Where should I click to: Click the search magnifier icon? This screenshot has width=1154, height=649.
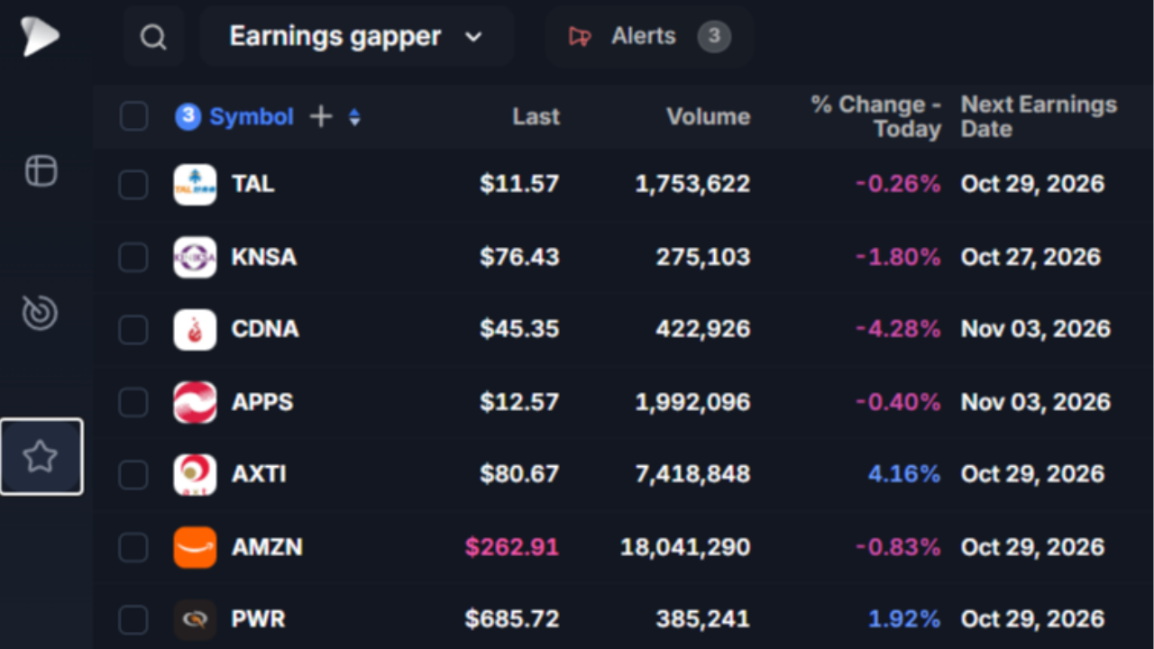(x=153, y=37)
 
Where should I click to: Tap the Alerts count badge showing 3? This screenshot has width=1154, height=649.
(x=713, y=36)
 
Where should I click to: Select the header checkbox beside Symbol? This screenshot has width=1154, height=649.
(x=134, y=116)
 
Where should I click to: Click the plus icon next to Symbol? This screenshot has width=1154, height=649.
(x=320, y=116)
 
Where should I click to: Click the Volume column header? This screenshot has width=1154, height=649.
(x=709, y=117)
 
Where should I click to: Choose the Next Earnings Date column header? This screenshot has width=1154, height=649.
(x=1039, y=116)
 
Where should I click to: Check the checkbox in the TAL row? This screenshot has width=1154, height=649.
(x=134, y=185)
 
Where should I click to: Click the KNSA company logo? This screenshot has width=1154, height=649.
(x=195, y=257)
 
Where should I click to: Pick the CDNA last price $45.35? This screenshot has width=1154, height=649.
(x=519, y=329)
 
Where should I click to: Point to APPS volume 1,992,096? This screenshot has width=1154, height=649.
(x=692, y=402)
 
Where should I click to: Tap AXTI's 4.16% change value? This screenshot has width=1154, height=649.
(x=904, y=474)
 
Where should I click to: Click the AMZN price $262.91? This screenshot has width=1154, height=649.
(x=511, y=547)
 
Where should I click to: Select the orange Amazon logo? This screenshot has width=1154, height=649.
(x=195, y=547)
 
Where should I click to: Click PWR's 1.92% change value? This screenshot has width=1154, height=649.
(x=904, y=619)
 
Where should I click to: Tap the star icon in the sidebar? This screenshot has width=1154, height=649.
(x=40, y=456)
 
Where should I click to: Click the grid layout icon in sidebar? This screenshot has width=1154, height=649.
(x=41, y=170)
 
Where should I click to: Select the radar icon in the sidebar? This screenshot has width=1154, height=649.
(x=40, y=312)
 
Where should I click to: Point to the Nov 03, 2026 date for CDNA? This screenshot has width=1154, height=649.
(x=1036, y=329)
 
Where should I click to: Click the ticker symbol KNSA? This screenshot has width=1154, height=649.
(x=264, y=257)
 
